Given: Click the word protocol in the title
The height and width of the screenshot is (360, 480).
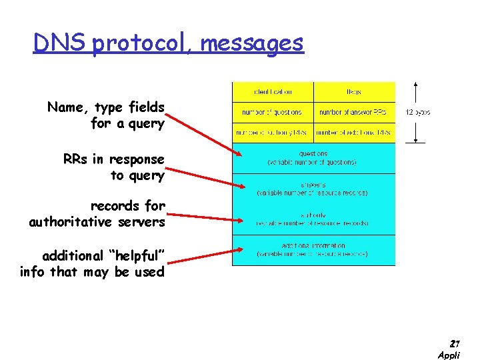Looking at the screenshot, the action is coord(142,44).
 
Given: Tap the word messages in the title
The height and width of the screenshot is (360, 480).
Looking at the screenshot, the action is coord(251,44).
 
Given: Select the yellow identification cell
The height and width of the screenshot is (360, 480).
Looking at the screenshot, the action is coord(273,92).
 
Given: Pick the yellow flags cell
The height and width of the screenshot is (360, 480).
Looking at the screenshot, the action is coord(354,92).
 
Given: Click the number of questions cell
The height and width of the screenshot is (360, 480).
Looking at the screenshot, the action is coord(273,112).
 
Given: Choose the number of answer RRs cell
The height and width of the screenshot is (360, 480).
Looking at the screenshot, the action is coord(354,112).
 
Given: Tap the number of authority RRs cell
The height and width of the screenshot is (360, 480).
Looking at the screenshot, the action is coord(273,133).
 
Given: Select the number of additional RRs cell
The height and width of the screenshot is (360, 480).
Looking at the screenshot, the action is coord(354,133).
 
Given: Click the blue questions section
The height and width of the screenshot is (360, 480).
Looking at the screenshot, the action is coord(313,157).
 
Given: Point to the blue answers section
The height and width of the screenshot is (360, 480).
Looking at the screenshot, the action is coord(313,189).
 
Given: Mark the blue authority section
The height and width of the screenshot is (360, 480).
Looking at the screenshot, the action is coord(313,219).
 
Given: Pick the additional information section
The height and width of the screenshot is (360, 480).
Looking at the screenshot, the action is coord(313,250).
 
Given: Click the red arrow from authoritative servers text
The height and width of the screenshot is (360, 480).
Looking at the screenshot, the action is coord(203,216).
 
